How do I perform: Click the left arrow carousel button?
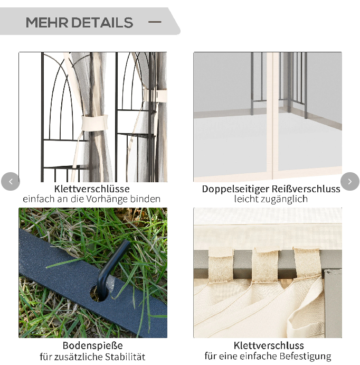pos(11,181)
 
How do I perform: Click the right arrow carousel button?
pos(350,181)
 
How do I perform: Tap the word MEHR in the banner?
pos(47,23)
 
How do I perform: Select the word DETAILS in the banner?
pos(102,23)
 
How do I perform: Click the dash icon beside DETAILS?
pos(155,22)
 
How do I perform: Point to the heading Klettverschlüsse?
pos(92,189)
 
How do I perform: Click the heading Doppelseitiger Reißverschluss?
pos(271,189)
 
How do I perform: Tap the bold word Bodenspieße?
pos(92,345)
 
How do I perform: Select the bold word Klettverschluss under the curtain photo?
pos(269,345)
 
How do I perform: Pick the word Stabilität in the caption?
pos(125,357)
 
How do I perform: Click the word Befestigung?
pos(306,356)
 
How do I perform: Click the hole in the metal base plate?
pos(99,293)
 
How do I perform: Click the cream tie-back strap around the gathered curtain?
pos(94,123)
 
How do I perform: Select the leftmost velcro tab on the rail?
pos(221,265)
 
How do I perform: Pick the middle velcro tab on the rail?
pos(264,266)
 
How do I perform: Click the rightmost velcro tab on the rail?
pos(307,263)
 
